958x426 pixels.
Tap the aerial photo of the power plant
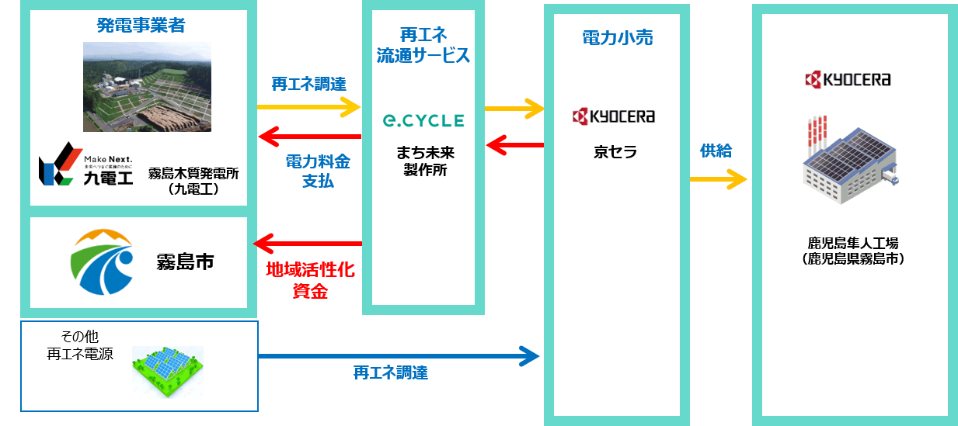[148, 87]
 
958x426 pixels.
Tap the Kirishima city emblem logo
[102, 261]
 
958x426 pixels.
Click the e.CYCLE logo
[422, 121]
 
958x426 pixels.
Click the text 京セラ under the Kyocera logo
[615, 152]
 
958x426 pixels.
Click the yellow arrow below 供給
[718, 180]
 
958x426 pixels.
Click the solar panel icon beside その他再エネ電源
[167, 372]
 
